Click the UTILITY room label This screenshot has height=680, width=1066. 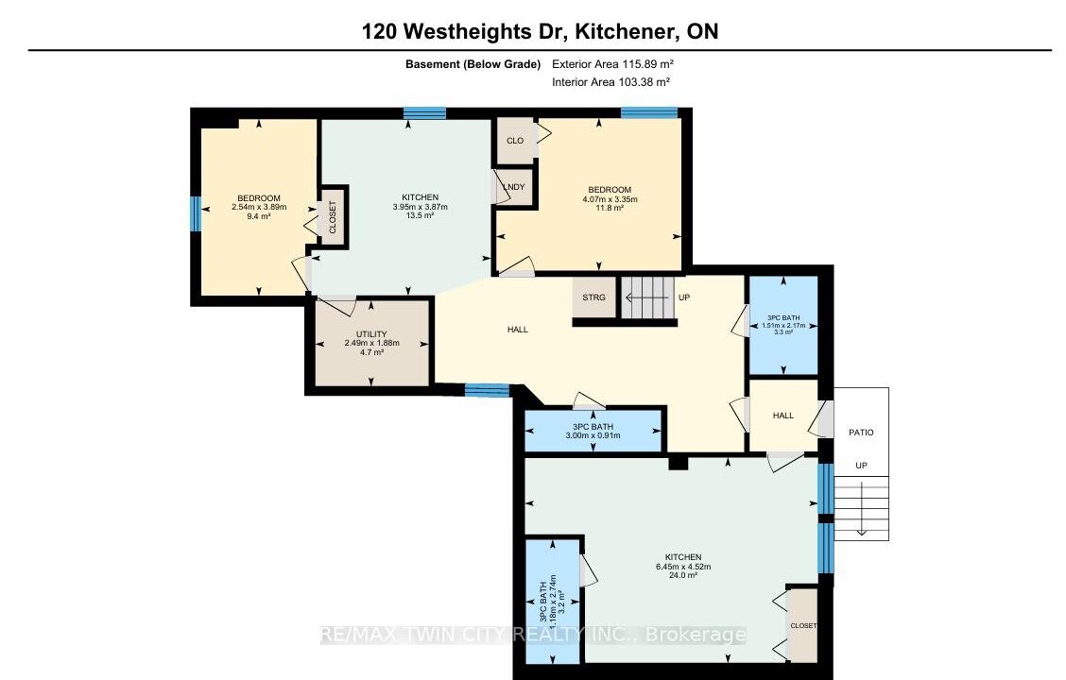click(371, 334)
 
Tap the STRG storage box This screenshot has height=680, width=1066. click(594, 297)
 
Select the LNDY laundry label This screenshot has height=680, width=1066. click(515, 187)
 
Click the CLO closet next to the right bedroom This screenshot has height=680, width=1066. click(515, 141)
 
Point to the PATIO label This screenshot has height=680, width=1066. click(861, 432)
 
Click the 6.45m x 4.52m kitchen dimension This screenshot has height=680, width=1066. click(683, 567)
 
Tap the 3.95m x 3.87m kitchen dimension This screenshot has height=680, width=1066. click(421, 207)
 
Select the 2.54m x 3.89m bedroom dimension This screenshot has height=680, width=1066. click(259, 207)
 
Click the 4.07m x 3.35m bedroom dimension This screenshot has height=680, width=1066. click(610, 199)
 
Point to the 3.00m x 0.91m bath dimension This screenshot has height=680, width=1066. click(593, 435)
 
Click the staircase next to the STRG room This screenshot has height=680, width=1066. click(649, 297)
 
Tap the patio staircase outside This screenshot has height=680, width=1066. click(861, 508)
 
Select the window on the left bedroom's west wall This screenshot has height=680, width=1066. click(195, 214)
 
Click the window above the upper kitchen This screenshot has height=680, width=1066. click(424, 113)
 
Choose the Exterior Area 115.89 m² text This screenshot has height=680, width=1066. click(612, 64)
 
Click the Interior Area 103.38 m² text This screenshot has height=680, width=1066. click(611, 82)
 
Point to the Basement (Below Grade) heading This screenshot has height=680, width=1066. click(473, 64)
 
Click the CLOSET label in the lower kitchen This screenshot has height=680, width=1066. click(803, 625)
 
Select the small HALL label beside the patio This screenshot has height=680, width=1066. click(783, 415)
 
